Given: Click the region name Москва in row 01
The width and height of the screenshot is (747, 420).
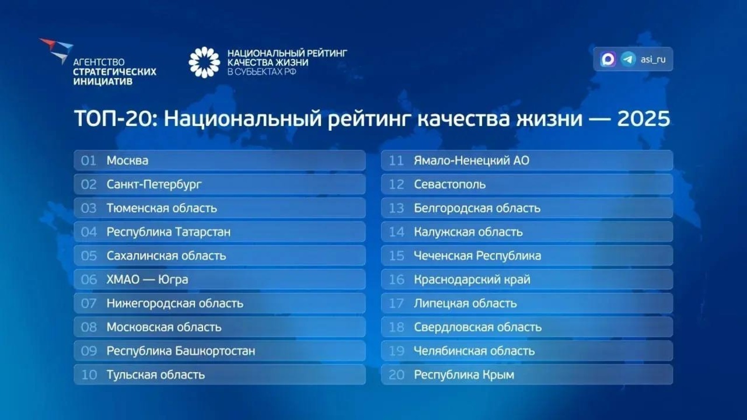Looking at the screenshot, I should click(x=127, y=161).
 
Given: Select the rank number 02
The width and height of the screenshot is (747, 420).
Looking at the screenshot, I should click(x=89, y=184).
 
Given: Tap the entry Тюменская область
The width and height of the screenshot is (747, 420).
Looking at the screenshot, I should click(x=162, y=208).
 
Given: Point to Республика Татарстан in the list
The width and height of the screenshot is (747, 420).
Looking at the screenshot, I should click(x=168, y=232).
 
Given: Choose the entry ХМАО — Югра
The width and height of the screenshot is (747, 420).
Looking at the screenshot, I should click(x=147, y=280).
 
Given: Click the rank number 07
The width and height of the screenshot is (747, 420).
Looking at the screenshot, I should click(x=89, y=303).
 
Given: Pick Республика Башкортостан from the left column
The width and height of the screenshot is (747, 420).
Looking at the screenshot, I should click(x=181, y=351).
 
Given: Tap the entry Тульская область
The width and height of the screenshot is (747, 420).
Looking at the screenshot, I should click(x=155, y=375).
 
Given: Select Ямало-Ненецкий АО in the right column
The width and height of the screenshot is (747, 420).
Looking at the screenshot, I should click(x=472, y=161).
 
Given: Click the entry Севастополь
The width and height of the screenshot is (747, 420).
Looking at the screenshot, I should click(x=450, y=184).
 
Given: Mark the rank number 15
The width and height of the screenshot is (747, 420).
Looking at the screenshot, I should click(x=396, y=256).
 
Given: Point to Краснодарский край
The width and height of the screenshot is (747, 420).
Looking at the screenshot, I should click(x=472, y=280).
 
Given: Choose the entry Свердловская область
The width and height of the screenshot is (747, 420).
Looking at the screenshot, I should click(x=478, y=327).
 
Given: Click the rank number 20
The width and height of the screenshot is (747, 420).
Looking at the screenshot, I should click(x=396, y=375).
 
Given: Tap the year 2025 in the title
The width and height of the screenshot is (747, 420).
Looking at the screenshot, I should click(x=643, y=119).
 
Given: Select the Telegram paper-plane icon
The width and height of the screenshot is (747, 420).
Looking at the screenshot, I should click(x=628, y=59).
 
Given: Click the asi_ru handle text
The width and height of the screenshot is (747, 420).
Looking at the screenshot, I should click(x=653, y=59).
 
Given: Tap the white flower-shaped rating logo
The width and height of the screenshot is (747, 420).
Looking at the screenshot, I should click(x=204, y=62).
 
